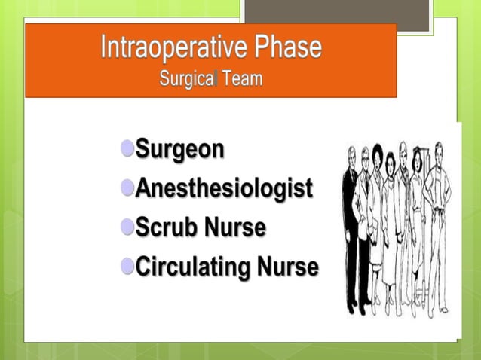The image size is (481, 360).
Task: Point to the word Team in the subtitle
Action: [243, 78]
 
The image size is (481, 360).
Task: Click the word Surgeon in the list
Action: [179, 150]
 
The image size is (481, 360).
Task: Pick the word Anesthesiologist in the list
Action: [223, 189]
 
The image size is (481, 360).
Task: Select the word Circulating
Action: [193, 267]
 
